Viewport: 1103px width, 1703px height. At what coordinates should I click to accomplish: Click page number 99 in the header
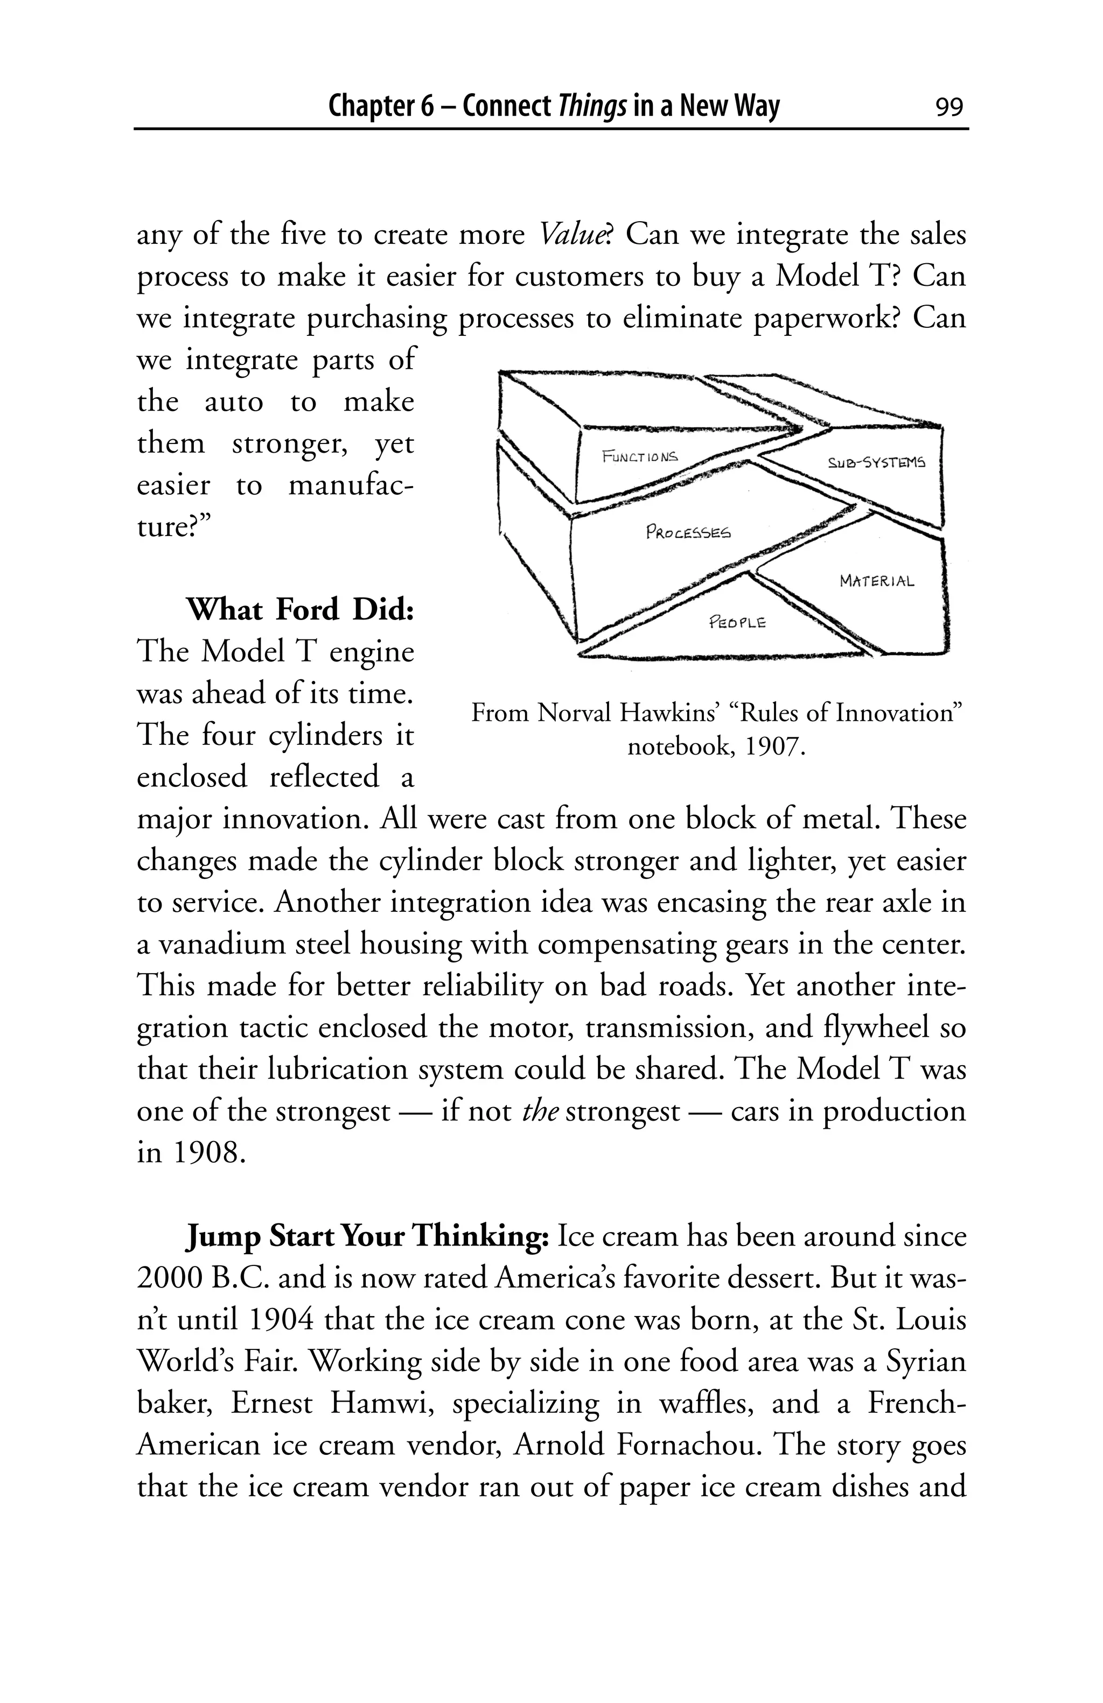pos(948,107)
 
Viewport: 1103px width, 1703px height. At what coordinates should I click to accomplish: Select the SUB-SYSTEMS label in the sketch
pos(875,463)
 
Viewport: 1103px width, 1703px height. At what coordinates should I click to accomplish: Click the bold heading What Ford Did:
pos(300,610)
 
